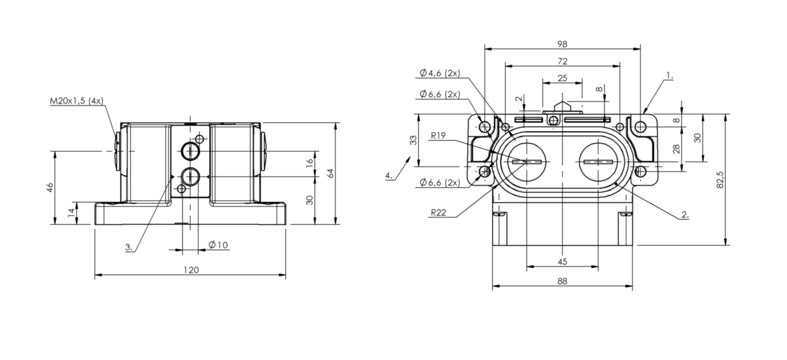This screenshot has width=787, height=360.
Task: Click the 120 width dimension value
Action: coord(191,270)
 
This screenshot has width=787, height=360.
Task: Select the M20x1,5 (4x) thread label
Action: coord(76,101)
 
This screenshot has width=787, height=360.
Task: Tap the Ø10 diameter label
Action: coord(218,245)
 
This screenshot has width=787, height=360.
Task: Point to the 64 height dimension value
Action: coord(330,173)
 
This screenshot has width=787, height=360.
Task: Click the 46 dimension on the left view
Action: coord(50,187)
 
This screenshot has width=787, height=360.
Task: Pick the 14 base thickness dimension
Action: coord(71,212)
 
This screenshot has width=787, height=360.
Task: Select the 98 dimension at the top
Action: coord(562,44)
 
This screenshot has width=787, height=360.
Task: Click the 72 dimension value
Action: coord(562,61)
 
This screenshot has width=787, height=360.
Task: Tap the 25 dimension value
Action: coord(562,78)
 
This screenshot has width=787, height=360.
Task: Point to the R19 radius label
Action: coord(438,135)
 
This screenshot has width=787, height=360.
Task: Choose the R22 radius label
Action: coord(439,212)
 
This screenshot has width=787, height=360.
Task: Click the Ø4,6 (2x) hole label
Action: coord(440,73)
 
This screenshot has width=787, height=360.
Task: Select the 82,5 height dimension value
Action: coord(720,180)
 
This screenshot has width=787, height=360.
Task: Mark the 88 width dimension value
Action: coord(562,281)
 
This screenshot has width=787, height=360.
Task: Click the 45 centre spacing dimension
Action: coord(562,261)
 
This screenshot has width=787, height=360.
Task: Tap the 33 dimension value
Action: coord(413,140)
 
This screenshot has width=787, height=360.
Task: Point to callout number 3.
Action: coord(129,247)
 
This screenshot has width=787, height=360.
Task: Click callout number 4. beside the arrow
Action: coord(389,175)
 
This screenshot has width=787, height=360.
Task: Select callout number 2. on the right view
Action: coord(685,215)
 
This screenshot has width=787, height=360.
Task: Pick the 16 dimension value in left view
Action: coord(309,163)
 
